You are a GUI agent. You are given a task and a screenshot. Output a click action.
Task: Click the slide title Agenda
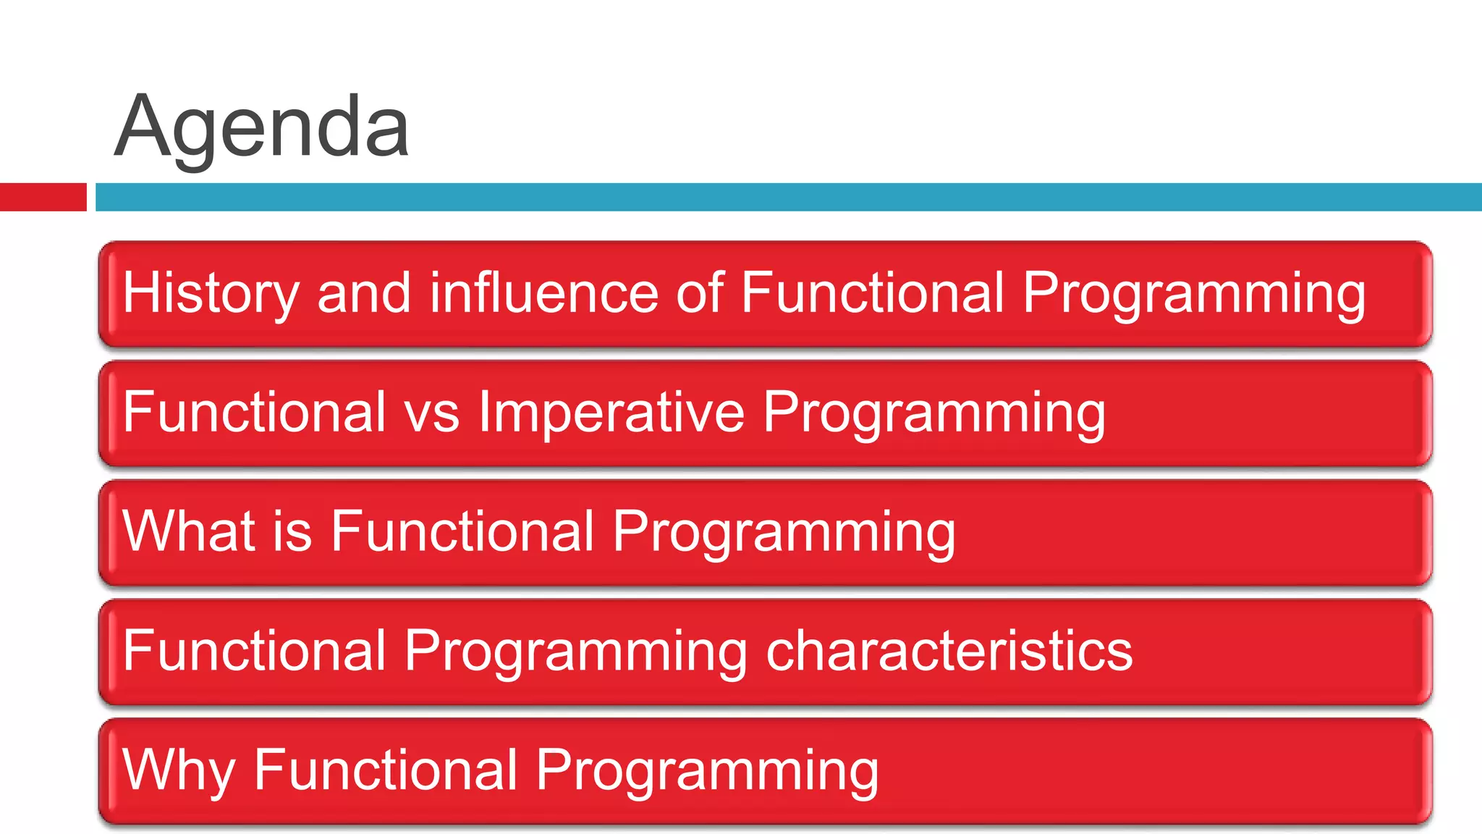(262, 129)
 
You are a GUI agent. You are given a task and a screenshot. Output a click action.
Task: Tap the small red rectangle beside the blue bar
(43, 197)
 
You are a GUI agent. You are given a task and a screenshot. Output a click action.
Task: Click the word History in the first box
(211, 293)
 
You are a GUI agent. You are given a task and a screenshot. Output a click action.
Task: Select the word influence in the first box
(543, 293)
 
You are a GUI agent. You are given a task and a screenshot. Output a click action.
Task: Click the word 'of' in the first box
(699, 293)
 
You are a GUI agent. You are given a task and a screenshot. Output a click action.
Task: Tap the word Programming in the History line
(1194, 293)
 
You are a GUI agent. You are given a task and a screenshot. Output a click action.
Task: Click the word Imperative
(611, 412)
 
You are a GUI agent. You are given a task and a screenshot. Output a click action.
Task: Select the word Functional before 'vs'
(254, 412)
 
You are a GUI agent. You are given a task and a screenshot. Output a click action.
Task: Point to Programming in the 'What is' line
(784, 531)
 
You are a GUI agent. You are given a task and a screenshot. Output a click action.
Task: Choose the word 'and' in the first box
(364, 293)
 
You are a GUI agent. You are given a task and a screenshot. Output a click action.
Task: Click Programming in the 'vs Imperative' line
(934, 412)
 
